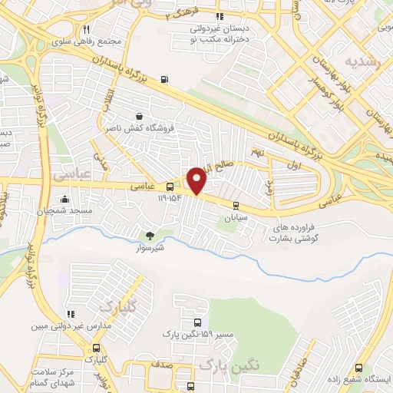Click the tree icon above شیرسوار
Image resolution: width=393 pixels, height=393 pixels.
150,235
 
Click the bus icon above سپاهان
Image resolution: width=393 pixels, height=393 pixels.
235,205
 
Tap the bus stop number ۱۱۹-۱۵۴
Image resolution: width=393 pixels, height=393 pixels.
172,197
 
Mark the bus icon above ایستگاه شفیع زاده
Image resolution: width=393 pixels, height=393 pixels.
359,367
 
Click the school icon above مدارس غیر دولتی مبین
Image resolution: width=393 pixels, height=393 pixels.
71,314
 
